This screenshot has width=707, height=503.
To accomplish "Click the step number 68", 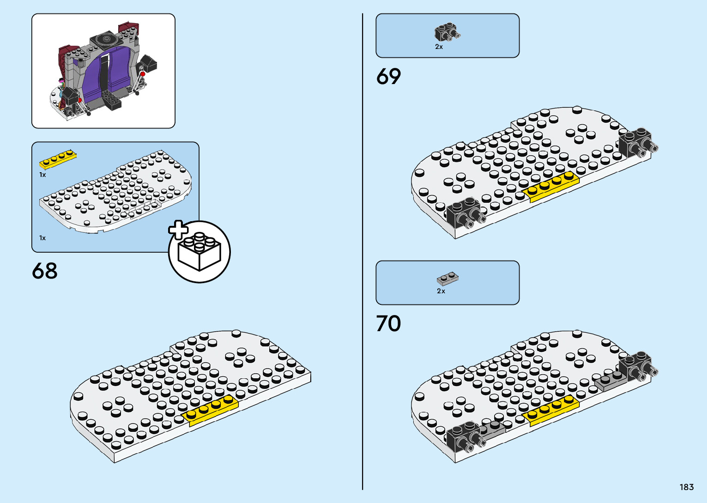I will pyautogui.click(x=45, y=271).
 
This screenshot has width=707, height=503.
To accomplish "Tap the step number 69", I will pyautogui.click(x=388, y=77).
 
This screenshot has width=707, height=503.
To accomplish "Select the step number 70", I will pyautogui.click(x=388, y=324).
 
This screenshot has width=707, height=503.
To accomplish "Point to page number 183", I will pyautogui.click(x=686, y=487).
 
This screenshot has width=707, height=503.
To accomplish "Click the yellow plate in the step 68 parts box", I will pyautogui.click(x=58, y=159).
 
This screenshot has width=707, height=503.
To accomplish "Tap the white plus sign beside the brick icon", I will pyautogui.click(x=178, y=230).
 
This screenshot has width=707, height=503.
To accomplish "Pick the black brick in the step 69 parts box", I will pyautogui.click(x=446, y=33).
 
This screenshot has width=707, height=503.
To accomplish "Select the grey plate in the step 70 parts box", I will pyautogui.click(x=447, y=279).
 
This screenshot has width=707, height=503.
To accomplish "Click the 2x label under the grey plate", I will pyautogui.click(x=441, y=291).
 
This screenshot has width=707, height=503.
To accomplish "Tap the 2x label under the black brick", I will pyautogui.click(x=439, y=47).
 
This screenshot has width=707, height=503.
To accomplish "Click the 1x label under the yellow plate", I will pyautogui.click(x=42, y=175).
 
